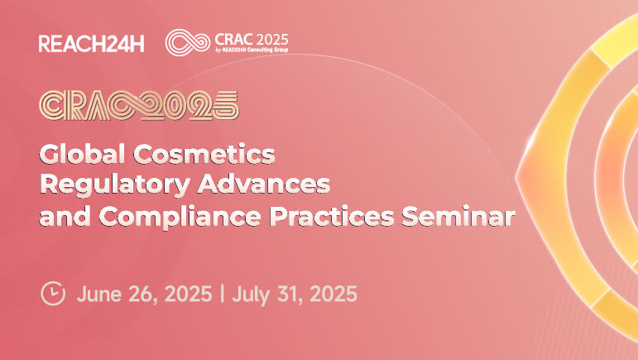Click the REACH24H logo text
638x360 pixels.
click(91, 44)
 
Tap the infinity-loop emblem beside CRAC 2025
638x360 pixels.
click(188, 42)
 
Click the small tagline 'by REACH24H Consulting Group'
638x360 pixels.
click(252, 50)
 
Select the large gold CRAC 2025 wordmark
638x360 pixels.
click(139, 105)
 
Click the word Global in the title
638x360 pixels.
click(82, 154)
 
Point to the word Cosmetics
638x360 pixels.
click(204, 154)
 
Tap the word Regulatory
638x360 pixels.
click(115, 185)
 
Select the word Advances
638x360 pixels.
click(264, 185)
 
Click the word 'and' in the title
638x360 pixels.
click(65, 216)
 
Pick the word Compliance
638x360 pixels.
click(180, 217)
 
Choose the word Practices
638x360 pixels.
click(332, 216)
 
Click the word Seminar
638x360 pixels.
click(458, 216)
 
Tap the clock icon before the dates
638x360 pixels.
click(53, 293)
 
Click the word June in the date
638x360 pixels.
click(98, 294)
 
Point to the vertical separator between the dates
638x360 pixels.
click(222, 294)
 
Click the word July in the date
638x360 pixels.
click(250, 295)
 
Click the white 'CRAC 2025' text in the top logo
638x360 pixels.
click(252, 40)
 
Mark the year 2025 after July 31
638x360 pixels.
click(333, 294)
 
